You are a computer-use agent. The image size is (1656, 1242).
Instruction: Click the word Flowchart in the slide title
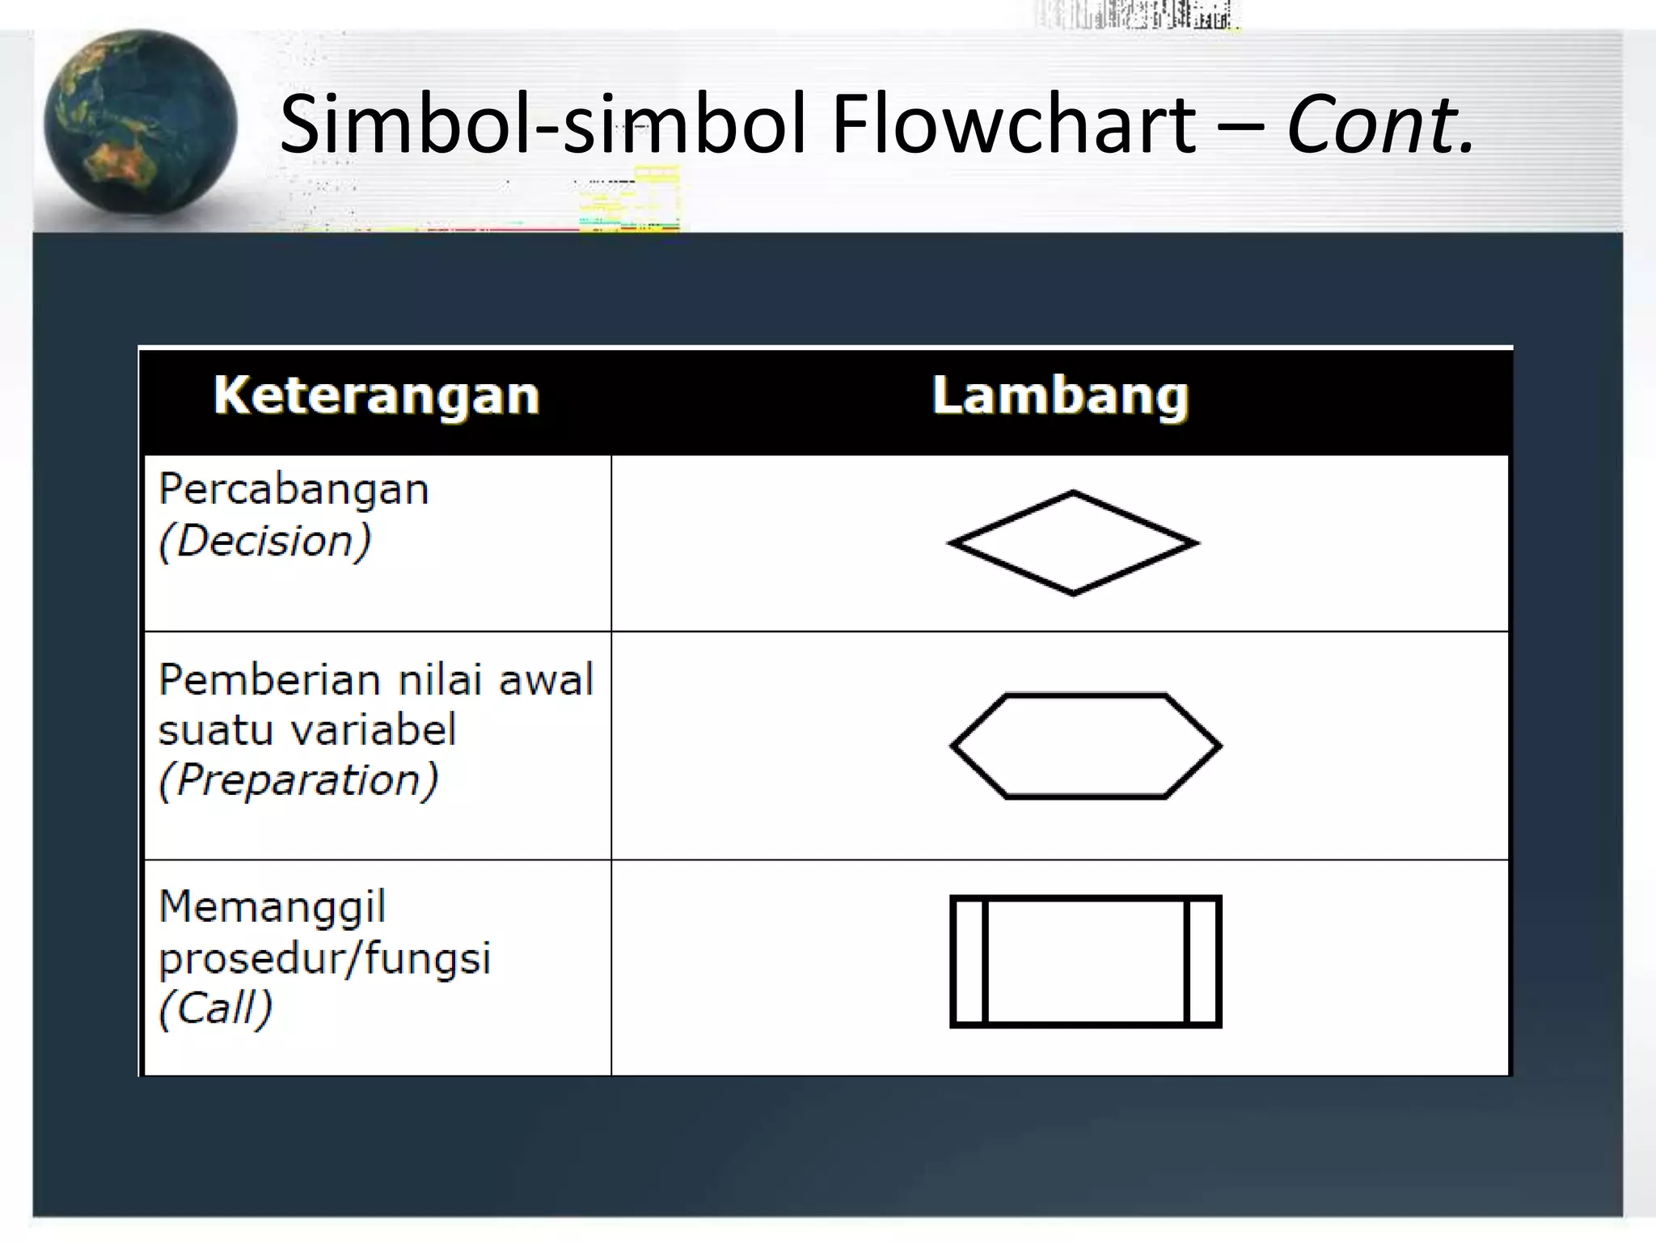click(1013, 125)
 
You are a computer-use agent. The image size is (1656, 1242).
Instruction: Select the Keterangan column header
click(376, 396)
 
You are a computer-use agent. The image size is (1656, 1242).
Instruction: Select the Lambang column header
click(1060, 396)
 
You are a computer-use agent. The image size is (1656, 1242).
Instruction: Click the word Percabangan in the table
click(294, 490)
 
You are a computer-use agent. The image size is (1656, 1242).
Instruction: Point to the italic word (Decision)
click(265, 541)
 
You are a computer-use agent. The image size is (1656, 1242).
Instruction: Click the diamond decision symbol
click(1073, 543)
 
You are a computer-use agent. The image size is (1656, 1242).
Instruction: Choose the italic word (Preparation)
click(298, 780)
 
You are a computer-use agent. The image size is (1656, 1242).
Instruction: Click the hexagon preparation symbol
click(1085, 746)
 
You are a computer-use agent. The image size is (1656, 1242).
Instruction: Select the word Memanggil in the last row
click(272, 906)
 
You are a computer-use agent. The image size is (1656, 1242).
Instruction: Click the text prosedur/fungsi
click(324, 958)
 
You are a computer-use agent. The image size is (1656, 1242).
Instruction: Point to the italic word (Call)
click(215, 1008)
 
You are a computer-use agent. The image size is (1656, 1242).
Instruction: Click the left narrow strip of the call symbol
click(970, 961)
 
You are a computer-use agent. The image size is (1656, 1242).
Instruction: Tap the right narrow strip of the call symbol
click(1202, 961)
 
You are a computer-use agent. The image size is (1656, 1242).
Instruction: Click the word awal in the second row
click(546, 679)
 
